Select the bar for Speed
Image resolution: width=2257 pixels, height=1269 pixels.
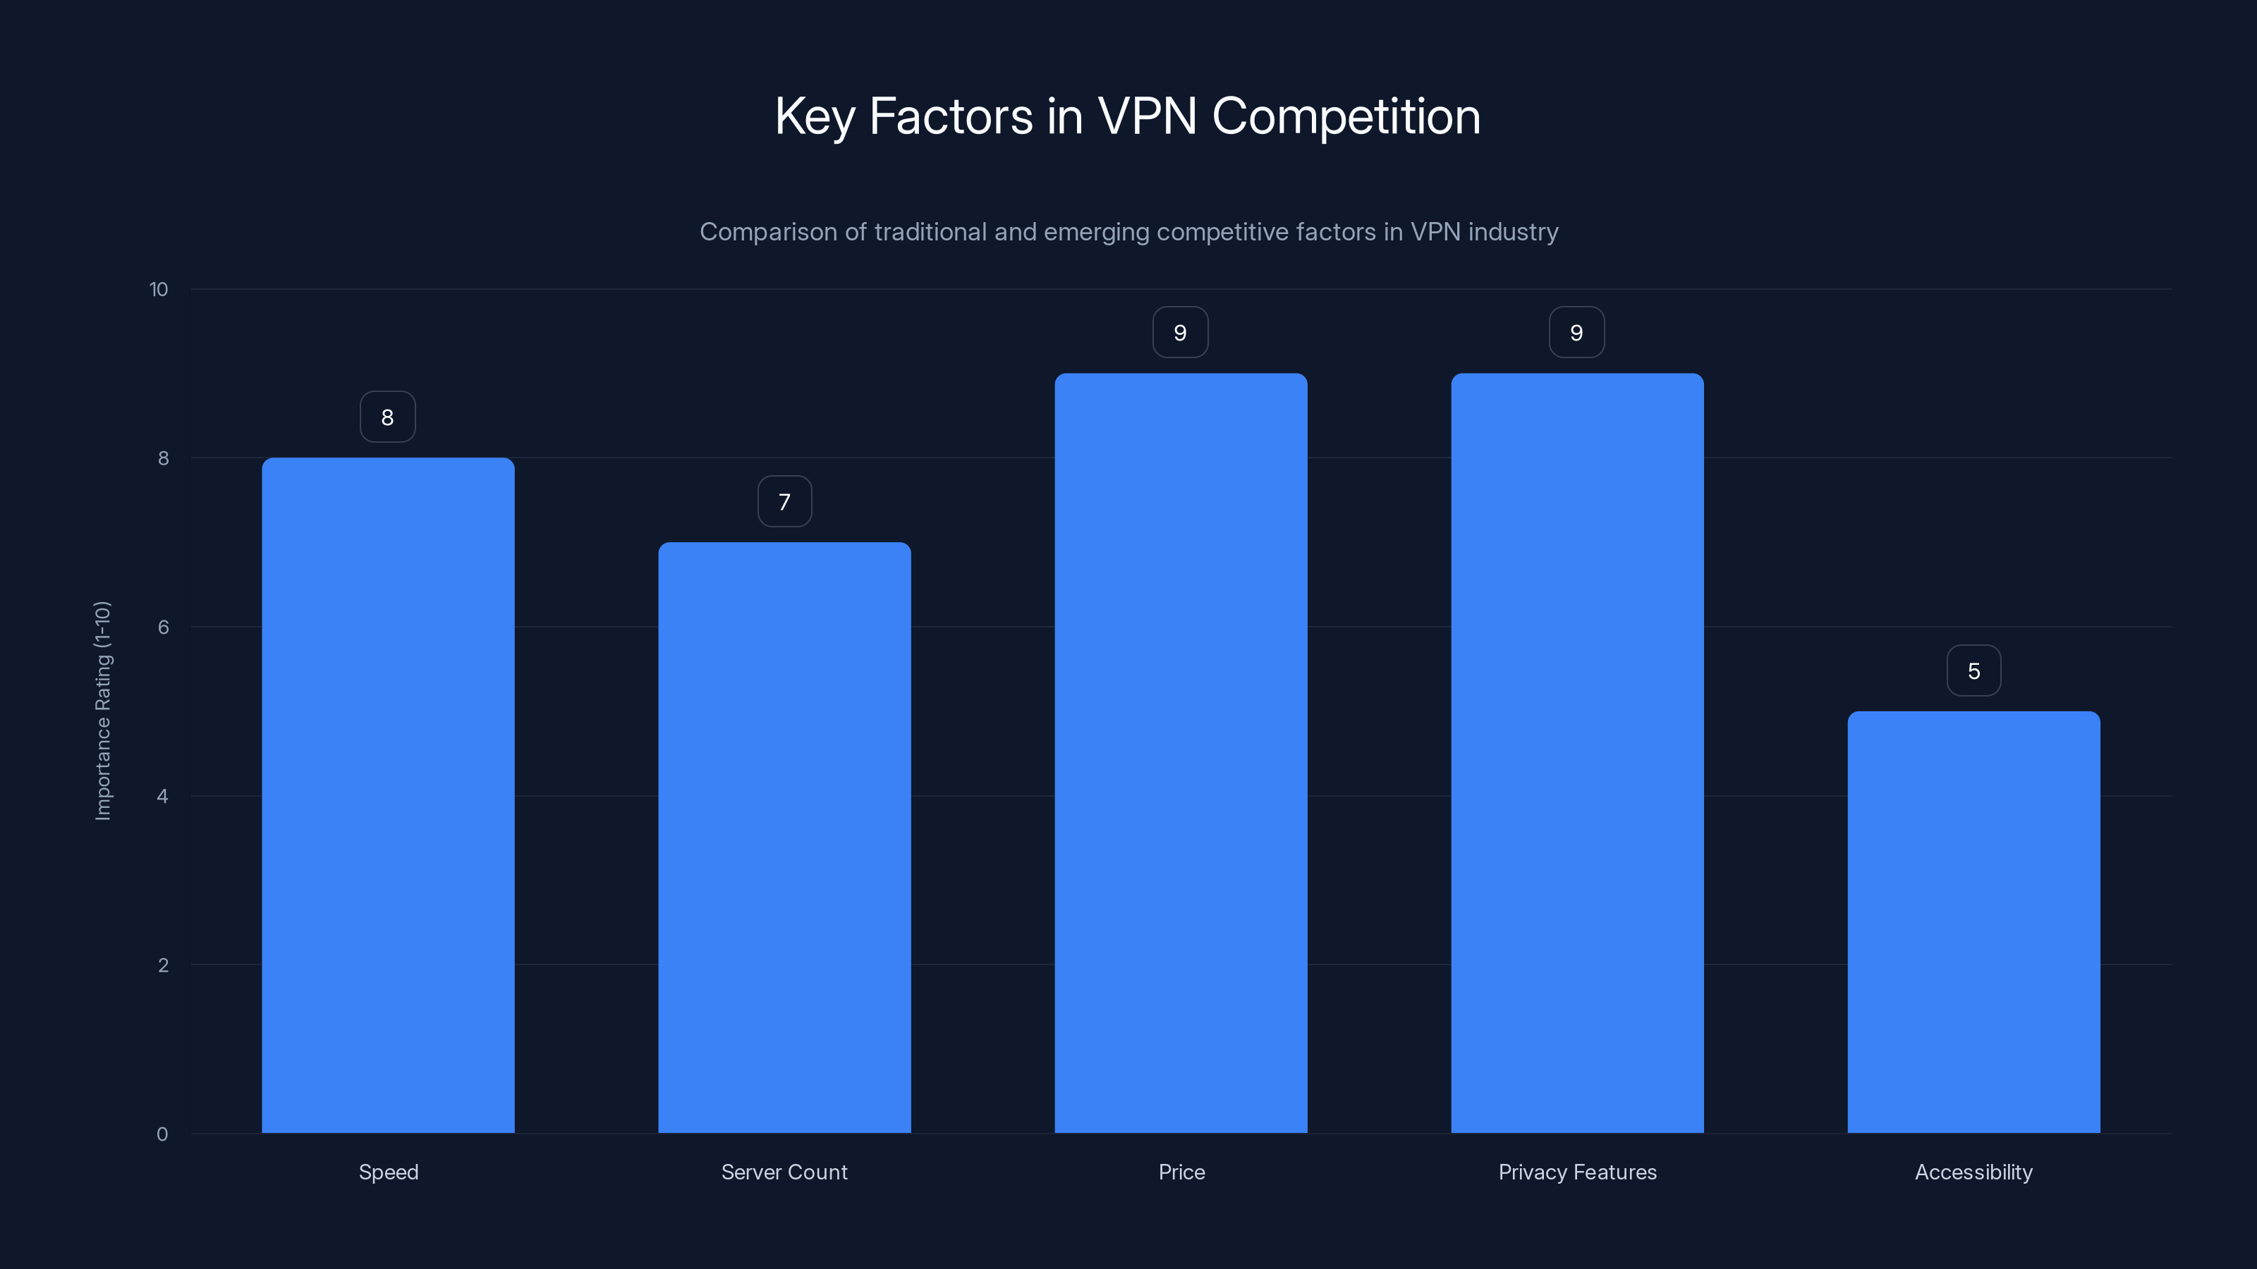388,795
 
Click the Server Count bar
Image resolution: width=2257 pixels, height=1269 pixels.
784,838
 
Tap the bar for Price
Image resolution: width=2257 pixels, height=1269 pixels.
1180,753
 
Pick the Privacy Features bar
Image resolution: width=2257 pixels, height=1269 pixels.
1577,753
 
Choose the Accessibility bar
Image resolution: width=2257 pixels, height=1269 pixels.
1973,921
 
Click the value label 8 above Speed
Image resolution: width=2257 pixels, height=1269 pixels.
387,417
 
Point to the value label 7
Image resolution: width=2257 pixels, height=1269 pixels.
784,502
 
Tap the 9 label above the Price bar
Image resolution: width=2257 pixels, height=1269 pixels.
1180,333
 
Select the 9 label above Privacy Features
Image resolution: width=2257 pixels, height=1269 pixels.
1576,333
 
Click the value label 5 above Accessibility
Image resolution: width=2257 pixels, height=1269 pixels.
1973,671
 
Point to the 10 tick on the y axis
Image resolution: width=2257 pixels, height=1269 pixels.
159,289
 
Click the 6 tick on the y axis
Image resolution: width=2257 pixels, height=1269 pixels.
163,627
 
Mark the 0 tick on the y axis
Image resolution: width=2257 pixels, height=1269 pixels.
162,1134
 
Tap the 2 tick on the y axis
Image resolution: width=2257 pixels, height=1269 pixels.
163,965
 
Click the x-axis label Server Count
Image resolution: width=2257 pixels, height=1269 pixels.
784,1172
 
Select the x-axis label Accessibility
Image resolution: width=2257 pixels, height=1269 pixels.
1973,1172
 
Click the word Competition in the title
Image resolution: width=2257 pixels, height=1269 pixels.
1346,116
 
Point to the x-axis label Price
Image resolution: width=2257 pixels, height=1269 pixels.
1181,1172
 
